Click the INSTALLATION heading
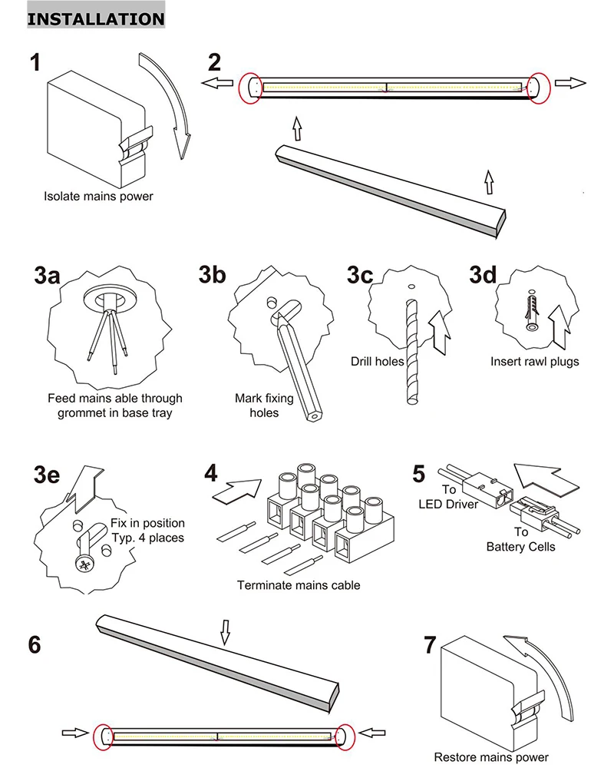(96, 18)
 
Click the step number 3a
(47, 276)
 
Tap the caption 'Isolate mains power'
(98, 196)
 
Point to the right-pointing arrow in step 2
(571, 83)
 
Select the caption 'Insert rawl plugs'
(535, 361)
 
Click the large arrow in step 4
(235, 490)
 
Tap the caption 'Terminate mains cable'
(299, 585)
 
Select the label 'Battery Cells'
(522, 547)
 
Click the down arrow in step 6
(225, 634)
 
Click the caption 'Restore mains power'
(491, 757)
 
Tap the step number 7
(431, 645)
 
